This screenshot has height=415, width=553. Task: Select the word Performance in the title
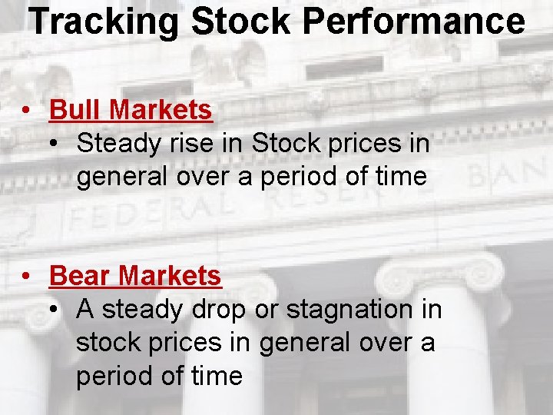tap(414, 22)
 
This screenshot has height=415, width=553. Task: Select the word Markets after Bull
tap(161, 110)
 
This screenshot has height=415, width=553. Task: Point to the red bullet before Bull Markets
tap(27, 111)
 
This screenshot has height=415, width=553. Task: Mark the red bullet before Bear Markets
tap(27, 276)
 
